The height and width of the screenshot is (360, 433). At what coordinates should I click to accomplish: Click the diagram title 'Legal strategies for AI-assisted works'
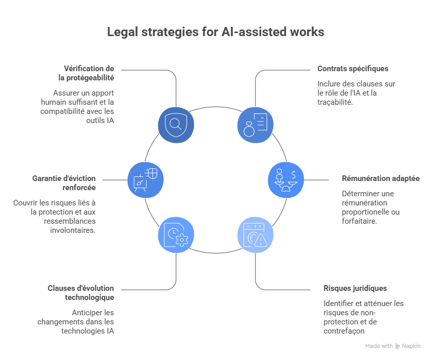coord(215,32)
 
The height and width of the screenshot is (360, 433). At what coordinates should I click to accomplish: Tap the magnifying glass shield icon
coord(176,124)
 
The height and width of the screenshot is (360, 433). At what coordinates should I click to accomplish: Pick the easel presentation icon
coord(145,179)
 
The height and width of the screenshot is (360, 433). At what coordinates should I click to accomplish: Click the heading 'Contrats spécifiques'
coord(345,69)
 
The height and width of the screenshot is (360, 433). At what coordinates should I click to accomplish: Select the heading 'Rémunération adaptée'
coord(381,179)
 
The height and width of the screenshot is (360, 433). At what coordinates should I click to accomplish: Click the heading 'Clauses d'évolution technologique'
coord(81,292)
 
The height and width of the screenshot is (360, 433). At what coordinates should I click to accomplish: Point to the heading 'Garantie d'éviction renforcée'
coord(65,183)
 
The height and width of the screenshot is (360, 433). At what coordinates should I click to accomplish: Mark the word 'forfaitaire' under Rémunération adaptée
coord(359,221)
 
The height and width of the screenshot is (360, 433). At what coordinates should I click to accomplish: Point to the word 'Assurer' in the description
coord(66,93)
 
